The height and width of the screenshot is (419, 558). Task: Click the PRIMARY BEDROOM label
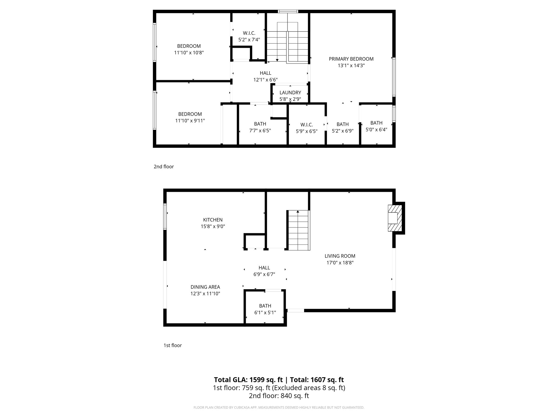(351, 59)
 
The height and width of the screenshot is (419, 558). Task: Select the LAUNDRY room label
(290, 93)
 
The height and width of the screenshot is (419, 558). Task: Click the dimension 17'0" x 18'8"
(340, 263)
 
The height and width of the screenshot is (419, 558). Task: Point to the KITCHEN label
(213, 220)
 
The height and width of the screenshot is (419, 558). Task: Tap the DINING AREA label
(205, 287)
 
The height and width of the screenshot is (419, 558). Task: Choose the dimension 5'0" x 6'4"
(376, 130)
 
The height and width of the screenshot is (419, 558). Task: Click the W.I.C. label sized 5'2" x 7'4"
(249, 33)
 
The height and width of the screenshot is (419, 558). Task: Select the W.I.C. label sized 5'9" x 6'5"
(307, 125)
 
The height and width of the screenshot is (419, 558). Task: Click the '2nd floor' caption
(163, 167)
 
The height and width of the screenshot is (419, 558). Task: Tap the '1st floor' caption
(172, 345)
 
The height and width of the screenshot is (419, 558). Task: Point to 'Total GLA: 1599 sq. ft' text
(248, 380)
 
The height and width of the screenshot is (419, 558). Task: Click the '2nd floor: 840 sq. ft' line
(279, 396)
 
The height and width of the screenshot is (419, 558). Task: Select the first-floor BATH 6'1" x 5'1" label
(265, 306)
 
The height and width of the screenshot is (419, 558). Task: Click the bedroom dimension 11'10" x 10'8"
(189, 53)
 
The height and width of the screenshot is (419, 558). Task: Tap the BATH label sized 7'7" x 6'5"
(260, 124)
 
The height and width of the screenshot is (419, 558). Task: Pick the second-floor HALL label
(265, 73)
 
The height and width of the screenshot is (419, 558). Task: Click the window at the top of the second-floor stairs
(288, 11)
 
